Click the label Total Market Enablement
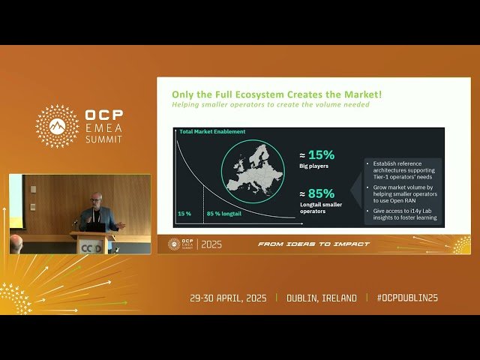(x=212, y=131)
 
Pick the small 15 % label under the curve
(x=184, y=214)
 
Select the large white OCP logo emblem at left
(x=58, y=126)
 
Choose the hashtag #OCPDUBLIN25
(x=408, y=298)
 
